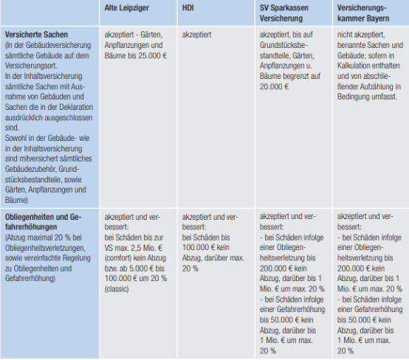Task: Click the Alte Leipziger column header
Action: coord(126,8)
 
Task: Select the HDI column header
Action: coord(188,8)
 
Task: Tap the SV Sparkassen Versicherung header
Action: coord(283,13)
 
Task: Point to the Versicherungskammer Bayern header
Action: coord(363,13)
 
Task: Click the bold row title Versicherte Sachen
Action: coord(36,35)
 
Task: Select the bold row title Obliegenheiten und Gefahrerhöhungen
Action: coord(44,222)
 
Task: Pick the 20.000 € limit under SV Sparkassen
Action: coord(274,86)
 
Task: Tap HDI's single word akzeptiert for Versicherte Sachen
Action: coord(196,35)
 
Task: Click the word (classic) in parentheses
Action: coord(117,289)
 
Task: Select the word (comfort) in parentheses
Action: coord(118,258)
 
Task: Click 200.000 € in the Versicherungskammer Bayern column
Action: coord(354,269)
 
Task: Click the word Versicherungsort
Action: coord(31,66)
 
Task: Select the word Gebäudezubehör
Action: coord(30,169)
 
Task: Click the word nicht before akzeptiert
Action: coord(344,35)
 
